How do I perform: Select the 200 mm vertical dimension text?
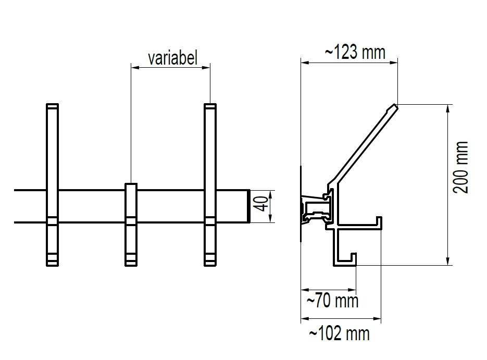click(460, 167)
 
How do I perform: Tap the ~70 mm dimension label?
click(332, 301)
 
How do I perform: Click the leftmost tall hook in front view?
click(52, 156)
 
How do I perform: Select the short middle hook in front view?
click(131, 224)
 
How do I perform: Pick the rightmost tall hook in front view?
click(210, 156)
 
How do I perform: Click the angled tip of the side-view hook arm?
click(394, 107)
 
